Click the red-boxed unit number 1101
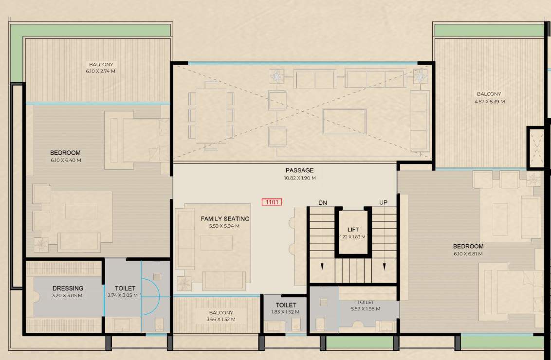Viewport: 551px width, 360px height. [x=272, y=202]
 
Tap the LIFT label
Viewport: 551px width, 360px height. [x=353, y=229]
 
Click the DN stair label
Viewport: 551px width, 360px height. [x=323, y=202]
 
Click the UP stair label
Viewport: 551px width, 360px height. [x=384, y=202]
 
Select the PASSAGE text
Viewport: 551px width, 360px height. [x=299, y=170]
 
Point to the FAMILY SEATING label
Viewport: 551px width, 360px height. [x=225, y=219]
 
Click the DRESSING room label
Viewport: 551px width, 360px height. [x=68, y=288]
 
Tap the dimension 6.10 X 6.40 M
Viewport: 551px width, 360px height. [x=65, y=160]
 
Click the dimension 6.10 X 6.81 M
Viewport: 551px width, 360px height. [x=468, y=254]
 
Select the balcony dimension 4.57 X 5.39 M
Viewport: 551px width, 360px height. [x=489, y=102]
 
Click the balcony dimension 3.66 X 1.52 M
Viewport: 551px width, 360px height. [x=221, y=320]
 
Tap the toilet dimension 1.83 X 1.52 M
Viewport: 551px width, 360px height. [x=285, y=312]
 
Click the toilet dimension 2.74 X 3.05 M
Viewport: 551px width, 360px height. [x=122, y=295]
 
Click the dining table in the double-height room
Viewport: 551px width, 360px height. [x=211, y=116]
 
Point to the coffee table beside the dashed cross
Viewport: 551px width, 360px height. [x=345, y=122]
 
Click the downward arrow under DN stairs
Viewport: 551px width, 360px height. [x=321, y=266]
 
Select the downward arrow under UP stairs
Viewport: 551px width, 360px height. [x=384, y=266]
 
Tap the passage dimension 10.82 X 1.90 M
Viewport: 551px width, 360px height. [x=299, y=178]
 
